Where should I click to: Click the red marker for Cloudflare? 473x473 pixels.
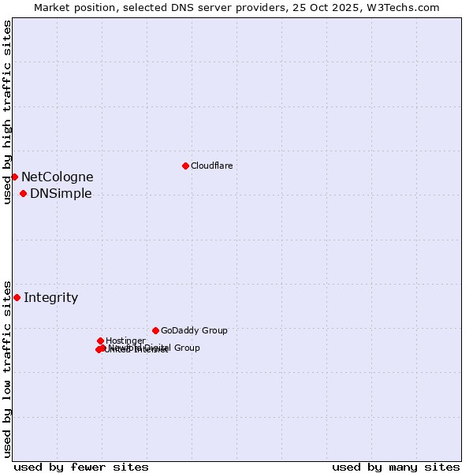(x=185, y=166)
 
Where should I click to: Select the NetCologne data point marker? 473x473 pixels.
(x=14, y=177)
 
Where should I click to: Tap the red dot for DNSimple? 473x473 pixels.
(x=23, y=194)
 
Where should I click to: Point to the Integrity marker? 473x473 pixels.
(x=17, y=297)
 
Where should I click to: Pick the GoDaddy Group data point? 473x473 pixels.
(x=155, y=330)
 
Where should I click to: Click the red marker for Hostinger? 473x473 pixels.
(x=100, y=341)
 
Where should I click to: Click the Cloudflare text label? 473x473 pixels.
(x=211, y=166)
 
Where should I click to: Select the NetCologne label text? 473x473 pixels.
(x=57, y=177)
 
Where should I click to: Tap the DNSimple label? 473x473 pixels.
(x=61, y=194)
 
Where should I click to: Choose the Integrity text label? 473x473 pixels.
(x=50, y=297)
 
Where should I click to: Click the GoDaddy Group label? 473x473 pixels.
(x=194, y=330)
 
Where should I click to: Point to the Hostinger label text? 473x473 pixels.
(x=125, y=341)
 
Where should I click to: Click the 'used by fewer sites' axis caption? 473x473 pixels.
(x=81, y=467)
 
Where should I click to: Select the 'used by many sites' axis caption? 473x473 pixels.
(x=396, y=467)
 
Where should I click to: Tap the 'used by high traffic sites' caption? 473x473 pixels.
(x=7, y=112)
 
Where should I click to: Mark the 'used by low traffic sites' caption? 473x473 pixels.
(x=7, y=368)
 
